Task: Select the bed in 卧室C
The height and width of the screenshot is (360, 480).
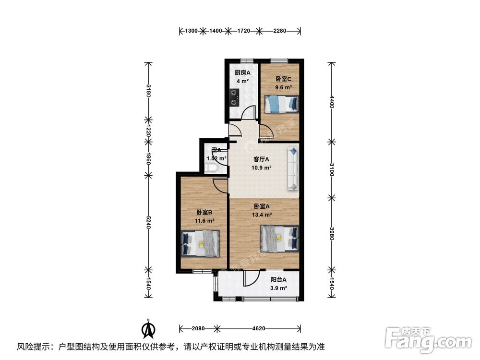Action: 282,103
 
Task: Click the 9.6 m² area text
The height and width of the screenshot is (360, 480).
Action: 283,87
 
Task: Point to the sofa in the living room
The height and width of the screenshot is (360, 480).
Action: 293,168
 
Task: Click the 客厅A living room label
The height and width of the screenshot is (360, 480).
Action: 261,160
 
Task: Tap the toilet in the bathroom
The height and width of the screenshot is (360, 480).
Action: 211,168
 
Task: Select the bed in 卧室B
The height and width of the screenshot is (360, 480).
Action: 201,243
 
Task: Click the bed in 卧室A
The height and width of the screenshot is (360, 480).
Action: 280,239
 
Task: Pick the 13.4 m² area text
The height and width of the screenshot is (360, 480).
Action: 262,215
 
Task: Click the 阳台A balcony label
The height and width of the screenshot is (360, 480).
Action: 278,280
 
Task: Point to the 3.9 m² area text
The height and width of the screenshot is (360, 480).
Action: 278,288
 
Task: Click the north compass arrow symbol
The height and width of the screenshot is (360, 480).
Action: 150,329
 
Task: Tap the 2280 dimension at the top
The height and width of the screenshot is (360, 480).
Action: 279,31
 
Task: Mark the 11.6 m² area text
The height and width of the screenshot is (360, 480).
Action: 204,221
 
